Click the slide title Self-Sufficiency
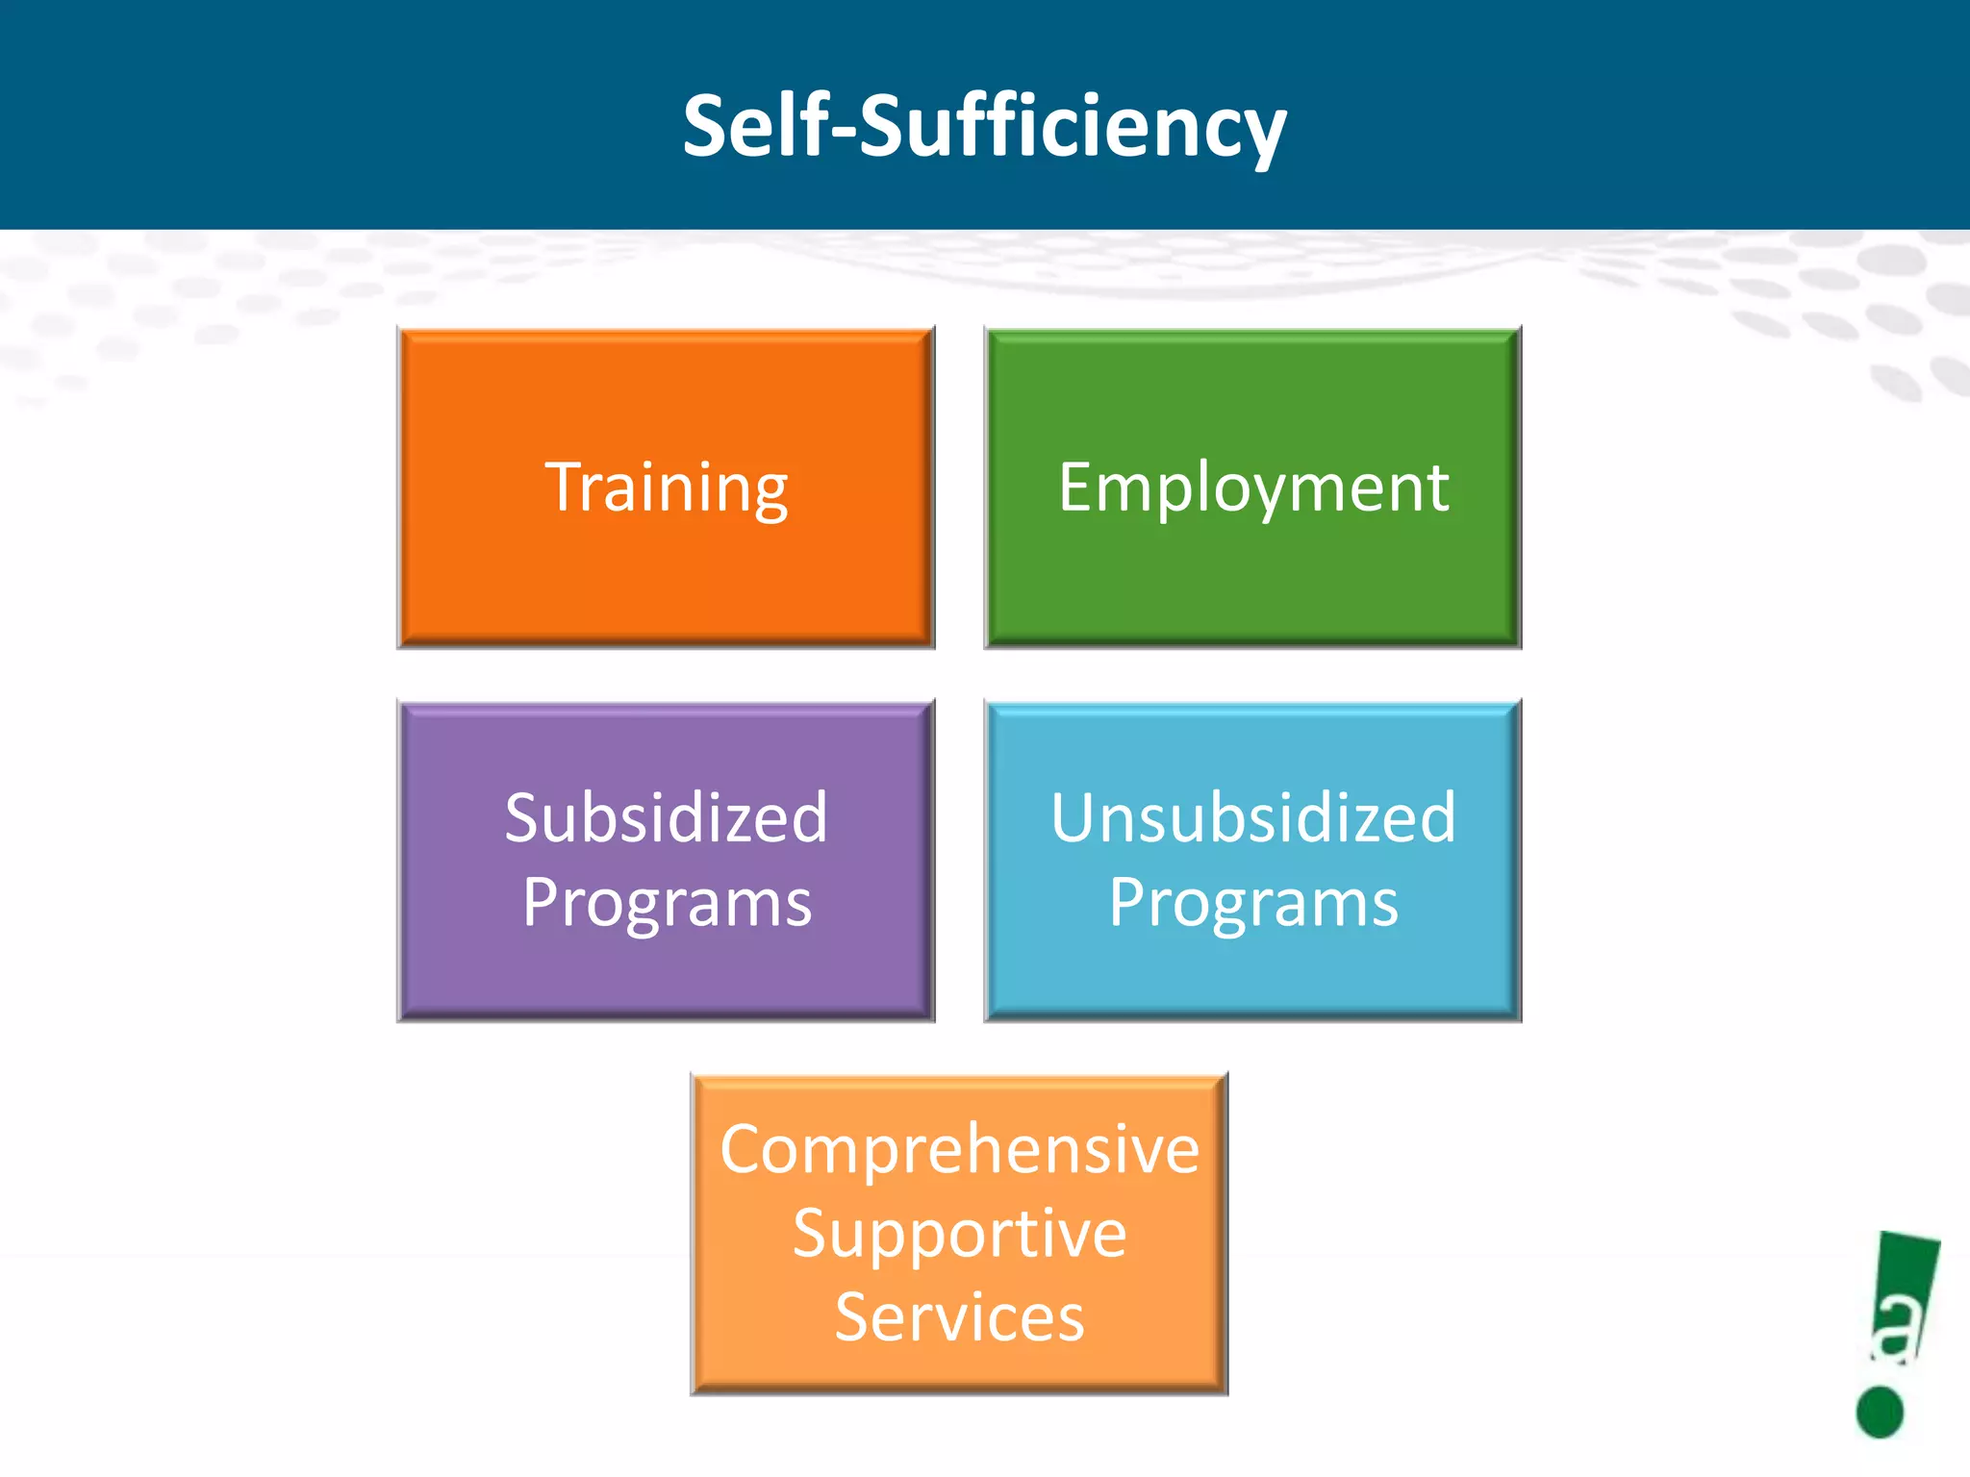(984, 127)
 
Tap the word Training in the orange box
(667, 488)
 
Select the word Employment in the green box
(1253, 488)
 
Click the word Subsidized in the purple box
(666, 818)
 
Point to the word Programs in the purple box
(667, 904)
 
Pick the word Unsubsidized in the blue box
(1253, 818)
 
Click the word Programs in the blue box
(1253, 904)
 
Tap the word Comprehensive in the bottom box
(959, 1150)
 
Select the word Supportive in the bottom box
(959, 1234)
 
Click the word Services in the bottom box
(959, 1317)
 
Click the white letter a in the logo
(1897, 1330)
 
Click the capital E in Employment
(1075, 487)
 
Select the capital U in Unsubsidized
(1073, 819)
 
